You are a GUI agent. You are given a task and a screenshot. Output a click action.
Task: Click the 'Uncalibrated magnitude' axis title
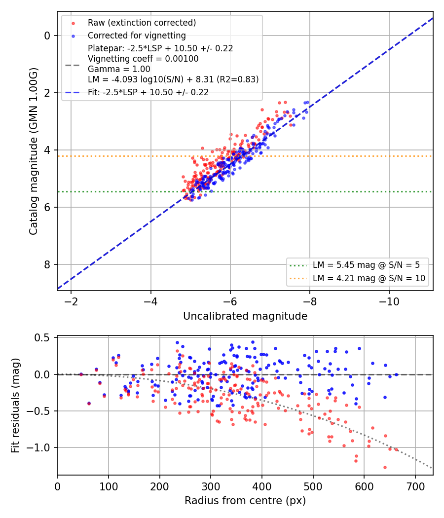click(x=245, y=316)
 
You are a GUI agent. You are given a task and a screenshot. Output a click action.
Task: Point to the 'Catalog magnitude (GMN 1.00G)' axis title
click(x=33, y=151)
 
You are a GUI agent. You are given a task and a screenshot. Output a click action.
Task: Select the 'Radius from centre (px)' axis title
click(x=245, y=501)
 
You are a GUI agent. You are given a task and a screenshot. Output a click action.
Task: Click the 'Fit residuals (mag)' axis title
click(x=15, y=406)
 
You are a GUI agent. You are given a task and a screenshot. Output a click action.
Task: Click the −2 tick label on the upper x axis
click(x=71, y=301)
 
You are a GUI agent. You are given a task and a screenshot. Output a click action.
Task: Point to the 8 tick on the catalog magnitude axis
click(x=47, y=264)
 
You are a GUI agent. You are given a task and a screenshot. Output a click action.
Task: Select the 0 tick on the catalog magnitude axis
click(x=47, y=36)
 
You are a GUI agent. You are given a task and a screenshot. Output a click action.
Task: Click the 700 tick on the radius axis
click(x=415, y=486)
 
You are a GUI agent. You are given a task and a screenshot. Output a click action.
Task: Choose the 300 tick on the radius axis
click(x=211, y=486)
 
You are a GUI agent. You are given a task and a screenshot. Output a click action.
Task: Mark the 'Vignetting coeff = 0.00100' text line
click(x=143, y=59)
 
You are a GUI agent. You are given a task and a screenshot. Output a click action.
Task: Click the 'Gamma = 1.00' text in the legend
click(x=119, y=69)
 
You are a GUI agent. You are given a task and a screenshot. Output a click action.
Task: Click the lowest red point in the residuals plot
click(x=385, y=468)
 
